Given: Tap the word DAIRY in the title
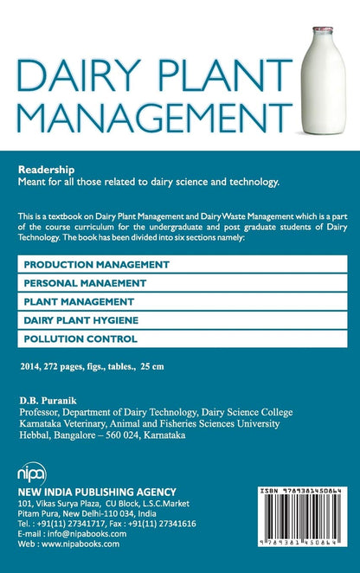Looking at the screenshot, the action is click(71, 79).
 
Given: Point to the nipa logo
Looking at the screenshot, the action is click(32, 475).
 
